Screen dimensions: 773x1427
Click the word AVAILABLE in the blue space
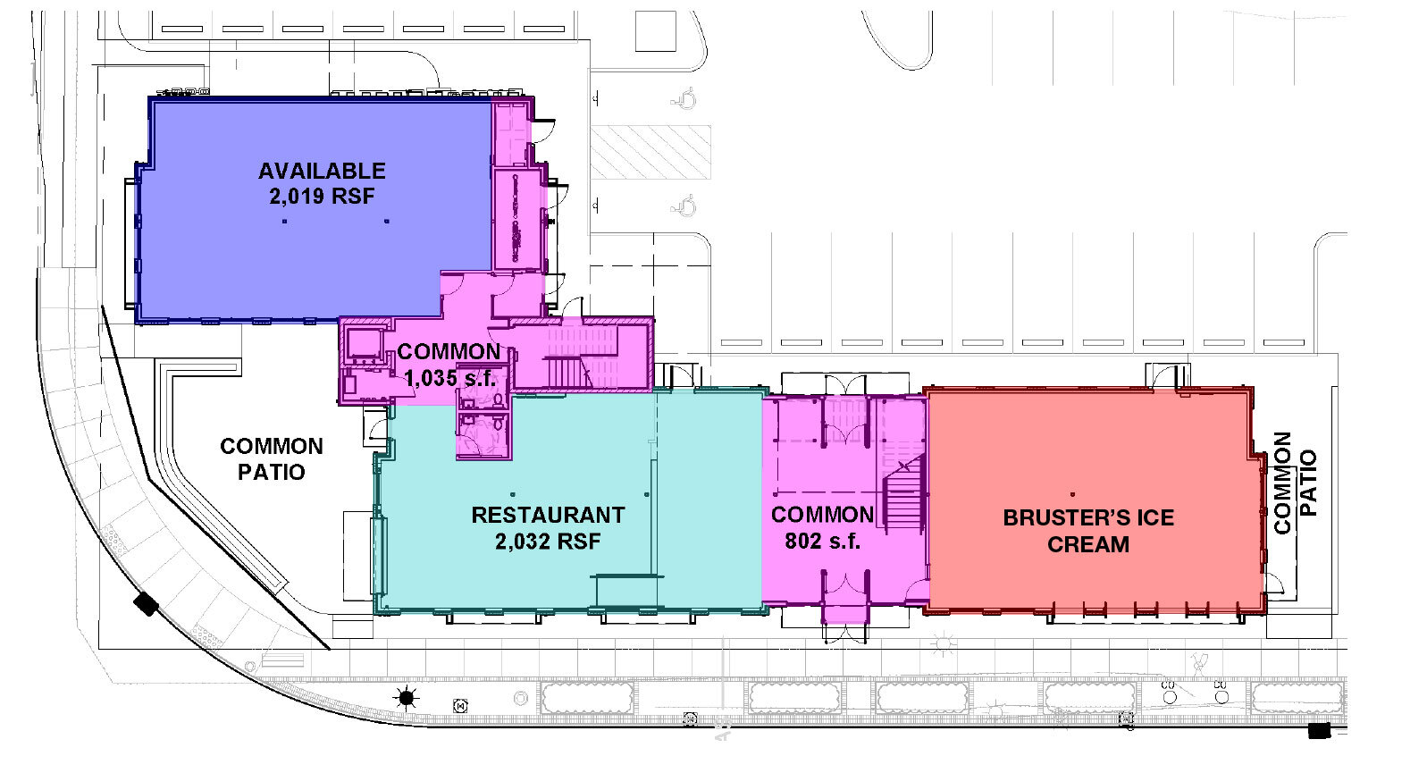pos(322,171)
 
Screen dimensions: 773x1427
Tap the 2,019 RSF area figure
pos(322,196)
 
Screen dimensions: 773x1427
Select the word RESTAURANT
pos(548,516)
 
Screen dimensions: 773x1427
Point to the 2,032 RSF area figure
pos(548,541)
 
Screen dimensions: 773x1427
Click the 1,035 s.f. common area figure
pos(449,378)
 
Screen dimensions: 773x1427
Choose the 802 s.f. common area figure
pos(822,541)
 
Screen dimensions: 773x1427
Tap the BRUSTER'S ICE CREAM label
pos(1088,531)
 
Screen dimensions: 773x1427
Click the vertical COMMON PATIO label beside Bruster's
pos(1295,483)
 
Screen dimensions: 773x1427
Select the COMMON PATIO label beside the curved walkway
pos(272,458)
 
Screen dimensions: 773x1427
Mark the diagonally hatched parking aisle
pos(651,152)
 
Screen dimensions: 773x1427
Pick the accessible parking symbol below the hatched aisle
pos(686,206)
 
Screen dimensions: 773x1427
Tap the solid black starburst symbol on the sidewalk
pos(407,697)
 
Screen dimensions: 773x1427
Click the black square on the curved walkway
pos(146,604)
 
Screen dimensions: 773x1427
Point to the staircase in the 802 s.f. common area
pos(904,496)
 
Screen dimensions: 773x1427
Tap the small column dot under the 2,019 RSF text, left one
pos(284,221)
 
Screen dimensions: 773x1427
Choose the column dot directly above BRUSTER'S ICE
pos(1071,494)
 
